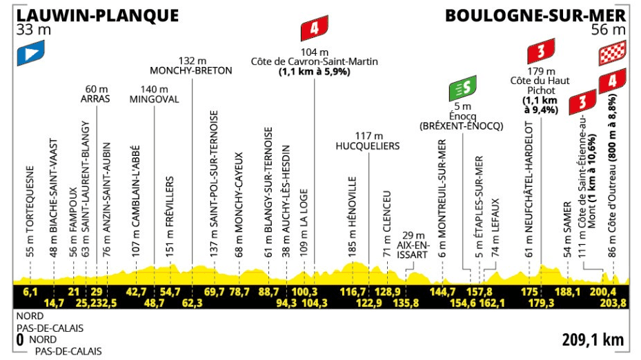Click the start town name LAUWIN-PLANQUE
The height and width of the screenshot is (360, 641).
click(x=96, y=15)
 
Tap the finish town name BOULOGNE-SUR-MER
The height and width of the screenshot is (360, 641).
click(x=535, y=15)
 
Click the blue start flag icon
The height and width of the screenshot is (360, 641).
click(x=31, y=51)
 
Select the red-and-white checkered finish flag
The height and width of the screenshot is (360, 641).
click(x=613, y=52)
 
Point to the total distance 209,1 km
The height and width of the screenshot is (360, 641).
click(x=592, y=339)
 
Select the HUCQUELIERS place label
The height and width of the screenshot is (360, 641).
click(x=368, y=146)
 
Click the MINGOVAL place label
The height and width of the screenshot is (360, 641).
click(x=154, y=99)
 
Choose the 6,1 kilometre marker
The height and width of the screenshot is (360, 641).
click(x=30, y=292)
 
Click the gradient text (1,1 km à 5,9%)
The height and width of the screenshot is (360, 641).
click(x=314, y=71)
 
